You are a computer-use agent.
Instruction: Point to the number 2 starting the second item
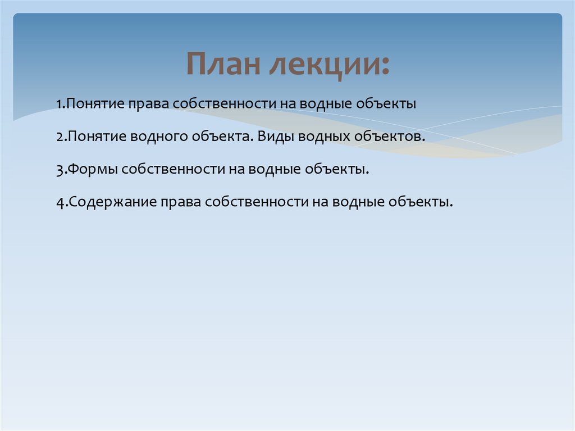pyautogui.click(x=59, y=137)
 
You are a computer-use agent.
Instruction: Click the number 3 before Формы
pyautogui.click(x=59, y=170)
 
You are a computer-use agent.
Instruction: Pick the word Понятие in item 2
pyautogui.click(x=96, y=137)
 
